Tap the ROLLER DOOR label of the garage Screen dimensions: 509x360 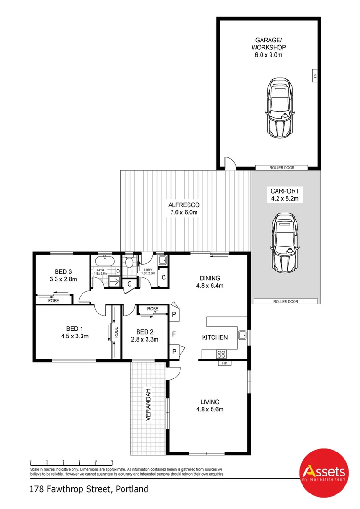coord(281,167)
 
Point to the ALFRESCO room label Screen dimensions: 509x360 coord(184,205)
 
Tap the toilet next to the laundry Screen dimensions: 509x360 coord(129,263)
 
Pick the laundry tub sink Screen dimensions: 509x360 coord(162,260)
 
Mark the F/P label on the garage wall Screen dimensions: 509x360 coord(314,75)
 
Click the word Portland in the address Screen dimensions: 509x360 coord(131,489)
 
